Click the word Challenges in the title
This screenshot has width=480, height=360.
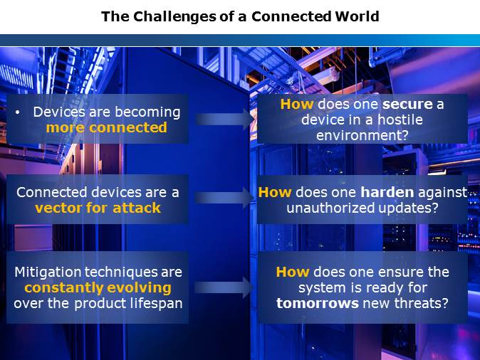tap(174, 17)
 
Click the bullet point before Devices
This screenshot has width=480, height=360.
tap(18, 112)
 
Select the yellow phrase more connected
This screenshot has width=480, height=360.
tap(107, 127)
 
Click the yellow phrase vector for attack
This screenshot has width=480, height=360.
tap(98, 208)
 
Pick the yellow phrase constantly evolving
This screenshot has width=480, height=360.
tap(98, 288)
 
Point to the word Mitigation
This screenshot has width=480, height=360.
tap(48, 272)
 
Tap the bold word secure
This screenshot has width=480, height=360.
tap(407, 105)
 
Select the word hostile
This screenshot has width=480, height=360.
tap(400, 120)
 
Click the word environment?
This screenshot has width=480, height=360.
tap(362, 135)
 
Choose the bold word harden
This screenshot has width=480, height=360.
tap(387, 192)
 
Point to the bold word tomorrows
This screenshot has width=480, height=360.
tap(317, 303)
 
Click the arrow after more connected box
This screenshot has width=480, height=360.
tap(224, 120)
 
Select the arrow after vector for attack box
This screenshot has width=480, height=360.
tap(224, 198)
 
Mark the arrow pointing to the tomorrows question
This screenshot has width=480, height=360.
tap(224, 287)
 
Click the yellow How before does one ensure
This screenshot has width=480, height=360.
tap(293, 272)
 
